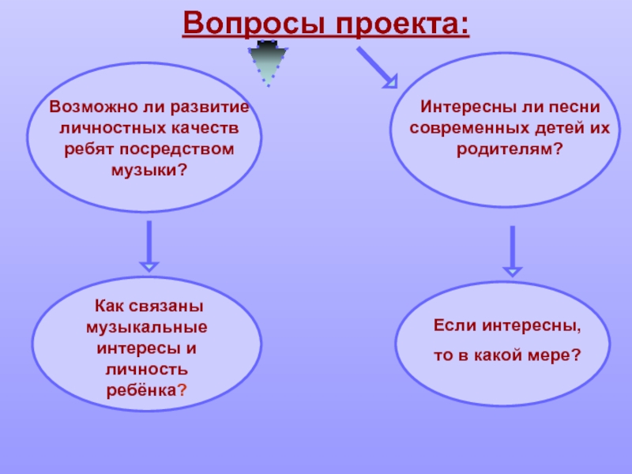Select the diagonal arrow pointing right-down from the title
(377, 66)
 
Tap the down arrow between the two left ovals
(149, 246)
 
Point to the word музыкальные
(148, 326)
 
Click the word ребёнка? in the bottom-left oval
(148, 390)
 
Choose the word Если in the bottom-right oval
(453, 325)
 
